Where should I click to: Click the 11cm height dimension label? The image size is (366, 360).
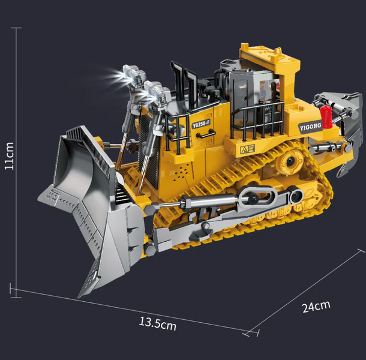click(10, 156)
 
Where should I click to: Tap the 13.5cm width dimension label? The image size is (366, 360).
click(158, 323)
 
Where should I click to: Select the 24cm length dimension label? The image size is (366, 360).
click(316, 307)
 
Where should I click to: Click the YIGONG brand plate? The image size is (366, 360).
click(310, 127)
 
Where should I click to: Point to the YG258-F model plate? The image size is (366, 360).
click(201, 124)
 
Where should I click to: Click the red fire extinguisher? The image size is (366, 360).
click(326, 117)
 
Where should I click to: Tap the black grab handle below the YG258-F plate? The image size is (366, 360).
click(205, 134)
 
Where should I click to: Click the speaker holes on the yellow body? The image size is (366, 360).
click(181, 172)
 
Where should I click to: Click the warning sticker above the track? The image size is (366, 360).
click(247, 149)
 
